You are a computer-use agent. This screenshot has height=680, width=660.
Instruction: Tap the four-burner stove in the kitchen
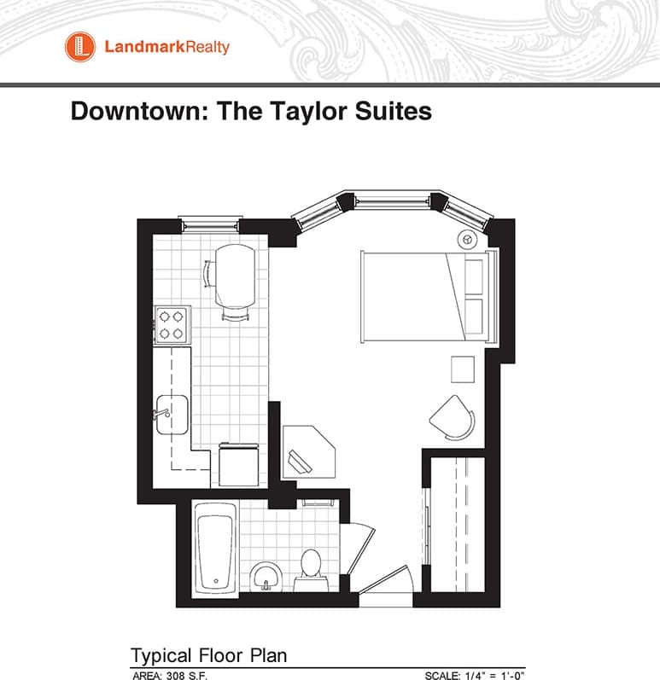coord(172,324)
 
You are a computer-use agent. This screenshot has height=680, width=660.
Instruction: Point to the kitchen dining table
coord(235,276)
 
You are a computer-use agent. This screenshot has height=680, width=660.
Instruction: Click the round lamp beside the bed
coord(469,239)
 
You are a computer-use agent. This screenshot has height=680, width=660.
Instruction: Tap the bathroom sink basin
coord(267,576)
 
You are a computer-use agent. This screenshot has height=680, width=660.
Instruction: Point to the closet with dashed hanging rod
coord(457,524)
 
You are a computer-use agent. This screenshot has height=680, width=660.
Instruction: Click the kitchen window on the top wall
coord(208,224)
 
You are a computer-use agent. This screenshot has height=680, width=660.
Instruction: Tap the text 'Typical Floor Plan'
coord(208,655)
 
